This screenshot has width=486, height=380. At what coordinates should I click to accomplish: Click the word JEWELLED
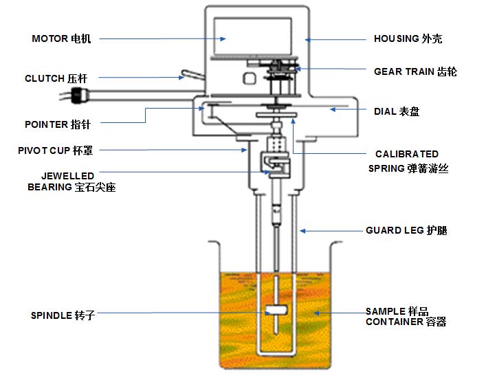pyautogui.click(x=67, y=176)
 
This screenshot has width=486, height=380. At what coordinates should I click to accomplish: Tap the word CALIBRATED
pyautogui.click(x=407, y=154)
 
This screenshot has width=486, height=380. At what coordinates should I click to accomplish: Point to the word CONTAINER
pyautogui.click(x=395, y=322)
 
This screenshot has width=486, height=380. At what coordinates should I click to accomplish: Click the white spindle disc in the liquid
pyautogui.click(x=276, y=310)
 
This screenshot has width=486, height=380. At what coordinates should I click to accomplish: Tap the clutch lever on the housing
pyautogui.click(x=192, y=75)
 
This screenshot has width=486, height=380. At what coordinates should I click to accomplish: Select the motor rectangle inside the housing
pyautogui.click(x=252, y=36)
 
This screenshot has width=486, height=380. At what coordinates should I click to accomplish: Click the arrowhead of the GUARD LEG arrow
pyautogui.click(x=302, y=231)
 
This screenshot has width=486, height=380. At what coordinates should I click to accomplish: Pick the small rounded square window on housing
pyautogui.click(x=249, y=78)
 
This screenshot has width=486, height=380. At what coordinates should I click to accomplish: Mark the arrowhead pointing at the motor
pyautogui.click(x=223, y=38)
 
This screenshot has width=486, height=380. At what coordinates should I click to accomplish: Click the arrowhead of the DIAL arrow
pyautogui.click(x=333, y=109)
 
